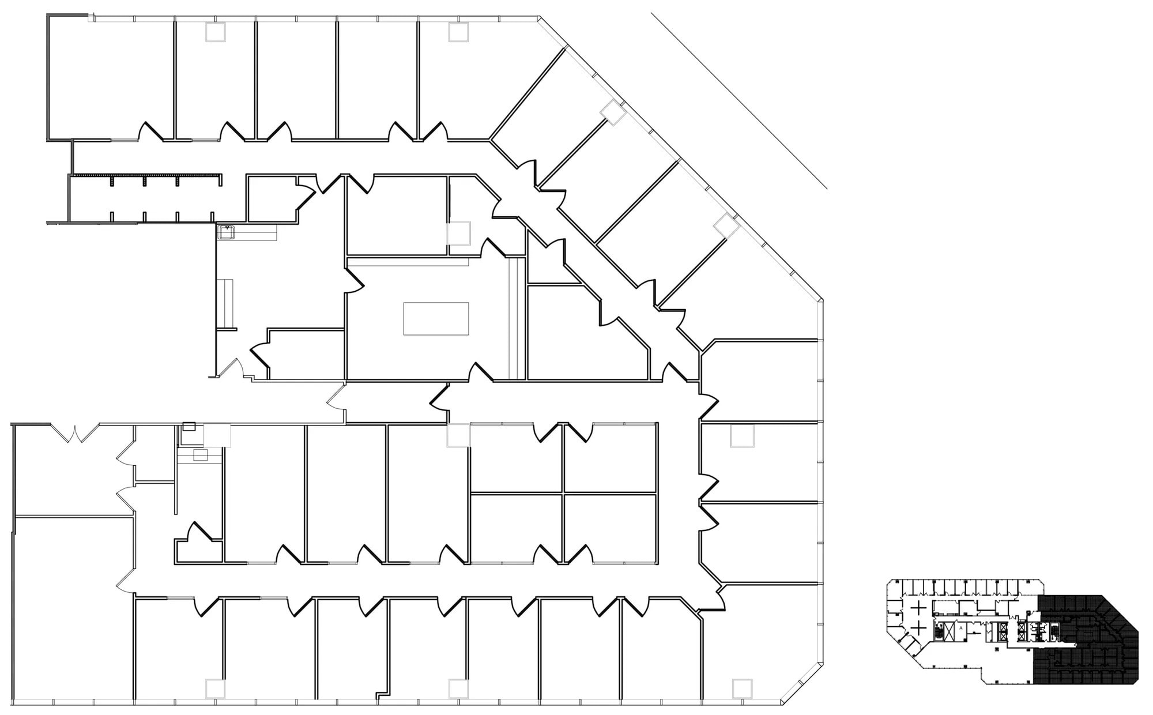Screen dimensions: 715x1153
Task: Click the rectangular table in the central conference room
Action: pos(436,318)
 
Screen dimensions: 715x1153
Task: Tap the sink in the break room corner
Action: pos(226,232)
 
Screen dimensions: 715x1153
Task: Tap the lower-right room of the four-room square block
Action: pos(610,528)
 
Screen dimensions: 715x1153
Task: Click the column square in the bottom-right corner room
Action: pos(743,688)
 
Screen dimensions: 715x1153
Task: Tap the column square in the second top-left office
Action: pos(216,32)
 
